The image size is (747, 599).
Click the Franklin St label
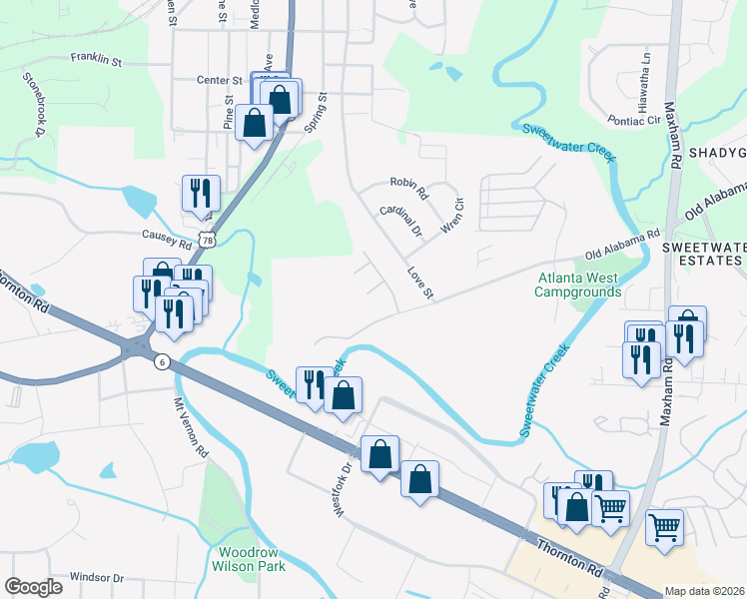click(x=96, y=60)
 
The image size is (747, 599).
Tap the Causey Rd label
click(x=167, y=242)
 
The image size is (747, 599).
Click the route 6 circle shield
click(x=161, y=362)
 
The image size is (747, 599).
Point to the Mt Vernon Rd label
click(x=192, y=428)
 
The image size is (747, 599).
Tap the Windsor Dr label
click(x=97, y=578)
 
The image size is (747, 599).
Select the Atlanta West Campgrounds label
click(x=578, y=285)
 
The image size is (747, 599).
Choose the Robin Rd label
click(x=408, y=185)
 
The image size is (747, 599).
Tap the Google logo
click(x=33, y=587)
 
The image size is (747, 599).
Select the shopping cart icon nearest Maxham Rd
click(x=663, y=525)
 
